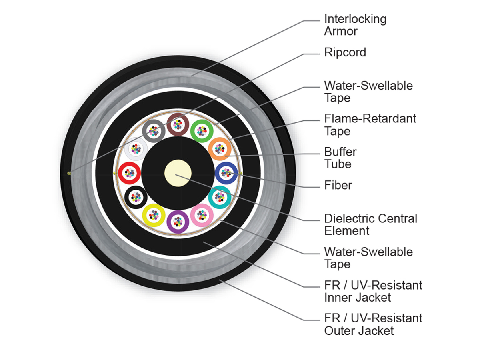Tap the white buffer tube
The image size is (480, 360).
tap(126, 149)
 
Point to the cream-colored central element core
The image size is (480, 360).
tap(178, 173)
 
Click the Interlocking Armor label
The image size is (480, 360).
tap(355, 25)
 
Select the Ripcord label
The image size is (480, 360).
tap(345, 52)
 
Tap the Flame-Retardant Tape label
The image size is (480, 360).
tap(370, 125)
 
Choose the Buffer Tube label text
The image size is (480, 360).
tap(340, 158)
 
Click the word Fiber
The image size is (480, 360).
tap(338, 185)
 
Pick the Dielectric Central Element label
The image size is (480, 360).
tap(371, 224)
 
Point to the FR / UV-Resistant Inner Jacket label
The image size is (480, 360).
tap(373, 291)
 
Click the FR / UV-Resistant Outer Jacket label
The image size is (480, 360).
tap(373, 324)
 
